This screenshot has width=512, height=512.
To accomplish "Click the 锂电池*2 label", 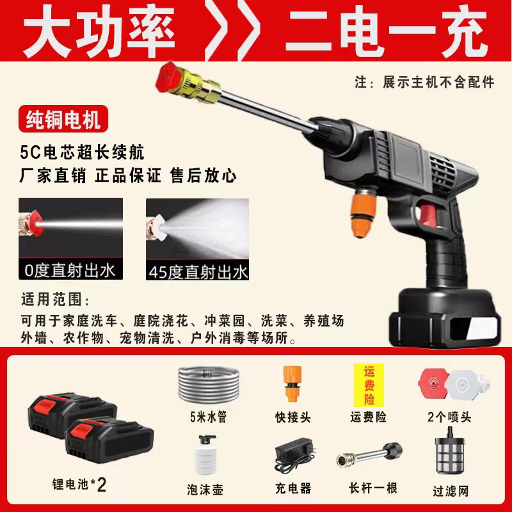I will [79, 484].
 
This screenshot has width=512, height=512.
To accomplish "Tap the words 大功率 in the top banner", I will [99, 32].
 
